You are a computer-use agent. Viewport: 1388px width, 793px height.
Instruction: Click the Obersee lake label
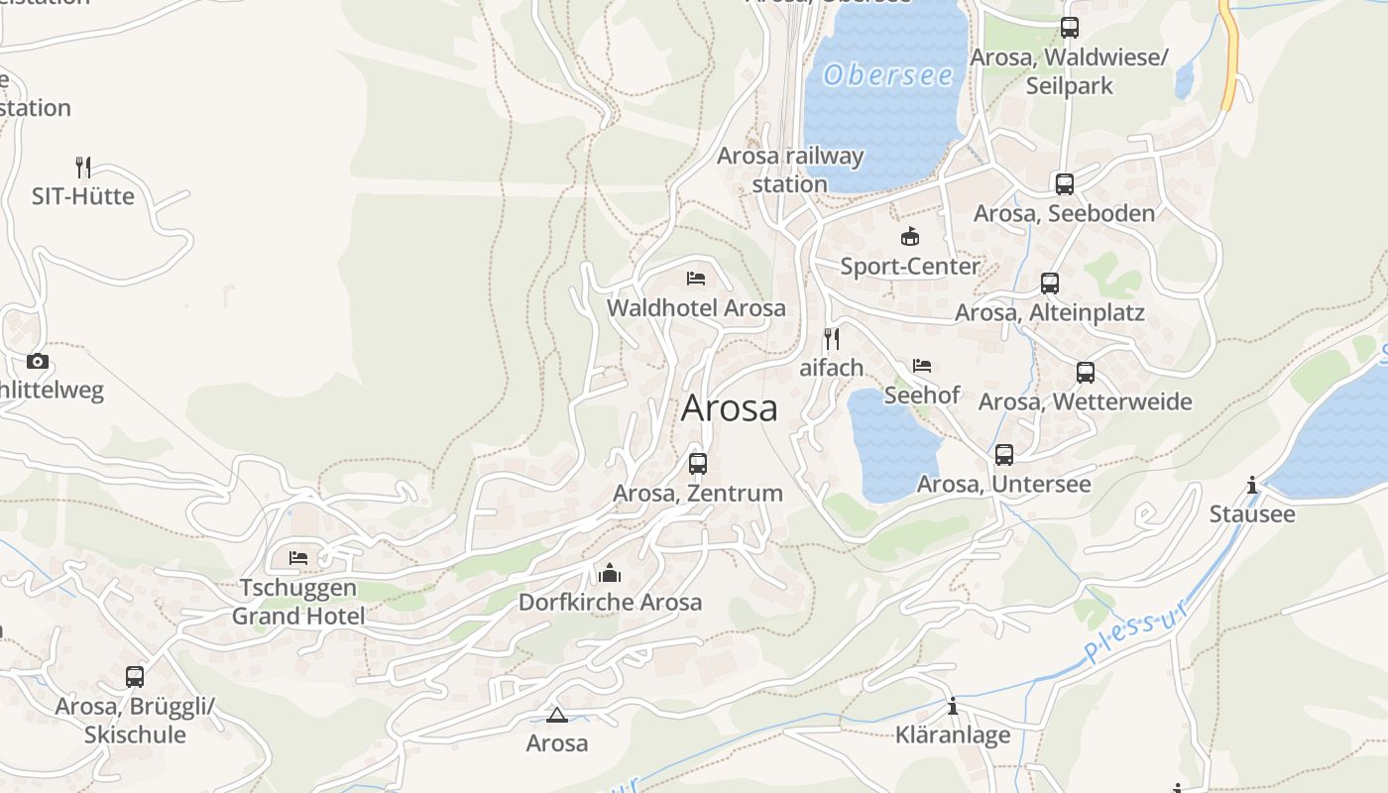[x=888, y=75]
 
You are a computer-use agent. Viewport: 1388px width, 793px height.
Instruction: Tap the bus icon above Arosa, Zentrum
[x=698, y=463]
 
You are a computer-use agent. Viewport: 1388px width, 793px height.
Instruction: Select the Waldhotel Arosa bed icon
[x=696, y=278]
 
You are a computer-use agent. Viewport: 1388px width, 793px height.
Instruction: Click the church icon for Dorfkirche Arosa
[x=609, y=573]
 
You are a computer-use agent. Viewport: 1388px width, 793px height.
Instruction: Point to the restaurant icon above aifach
[x=832, y=339]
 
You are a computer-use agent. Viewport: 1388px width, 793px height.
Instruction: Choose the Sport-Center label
[x=909, y=266]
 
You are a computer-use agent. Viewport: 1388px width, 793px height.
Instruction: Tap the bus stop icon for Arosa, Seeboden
[x=1064, y=184]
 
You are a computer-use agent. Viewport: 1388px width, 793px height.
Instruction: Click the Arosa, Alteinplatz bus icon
[x=1050, y=283]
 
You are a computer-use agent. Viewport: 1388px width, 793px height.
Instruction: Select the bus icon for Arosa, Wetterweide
[x=1086, y=373]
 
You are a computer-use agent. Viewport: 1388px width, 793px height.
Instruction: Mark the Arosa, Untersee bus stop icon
[x=1004, y=455]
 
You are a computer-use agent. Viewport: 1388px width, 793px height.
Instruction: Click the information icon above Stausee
[x=1252, y=485]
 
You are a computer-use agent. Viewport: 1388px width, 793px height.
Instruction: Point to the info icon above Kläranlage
[x=953, y=706]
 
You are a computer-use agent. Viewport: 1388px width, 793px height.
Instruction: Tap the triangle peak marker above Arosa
[x=556, y=715]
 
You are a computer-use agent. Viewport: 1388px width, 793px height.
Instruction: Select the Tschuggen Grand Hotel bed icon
[x=298, y=558]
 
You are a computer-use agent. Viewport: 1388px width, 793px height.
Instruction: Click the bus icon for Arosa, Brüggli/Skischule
[x=135, y=677]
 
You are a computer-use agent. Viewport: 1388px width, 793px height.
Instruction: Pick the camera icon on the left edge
[x=38, y=361]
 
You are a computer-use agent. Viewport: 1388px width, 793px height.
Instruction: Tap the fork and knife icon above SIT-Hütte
[x=83, y=167]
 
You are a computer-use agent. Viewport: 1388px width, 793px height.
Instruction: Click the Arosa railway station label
[x=790, y=170]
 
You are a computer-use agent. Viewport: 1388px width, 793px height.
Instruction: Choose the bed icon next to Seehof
[x=922, y=366]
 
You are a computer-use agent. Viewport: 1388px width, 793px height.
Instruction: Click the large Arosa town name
[x=729, y=408]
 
